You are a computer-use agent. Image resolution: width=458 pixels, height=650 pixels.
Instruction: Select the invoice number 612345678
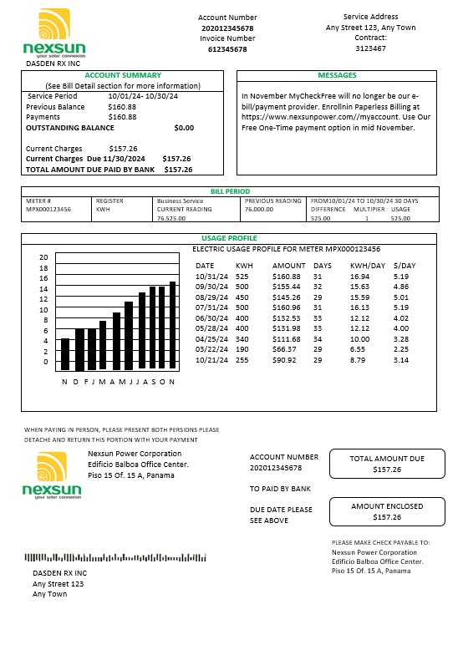(226, 49)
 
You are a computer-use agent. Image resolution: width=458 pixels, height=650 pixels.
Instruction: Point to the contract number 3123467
(370, 48)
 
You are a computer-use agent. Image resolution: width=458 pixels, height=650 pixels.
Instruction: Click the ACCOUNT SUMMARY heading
(122, 75)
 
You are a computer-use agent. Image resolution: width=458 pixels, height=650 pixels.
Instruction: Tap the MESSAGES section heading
(338, 75)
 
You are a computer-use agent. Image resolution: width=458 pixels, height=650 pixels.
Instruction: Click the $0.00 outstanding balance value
(183, 128)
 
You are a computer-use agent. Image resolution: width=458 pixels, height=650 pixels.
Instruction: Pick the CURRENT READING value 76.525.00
(171, 218)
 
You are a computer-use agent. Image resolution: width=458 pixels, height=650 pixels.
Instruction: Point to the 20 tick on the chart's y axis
(44, 257)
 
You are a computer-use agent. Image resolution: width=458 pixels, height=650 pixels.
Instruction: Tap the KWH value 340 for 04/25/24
(242, 340)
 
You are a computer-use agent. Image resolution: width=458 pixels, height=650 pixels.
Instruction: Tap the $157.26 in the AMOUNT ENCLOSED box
(386, 517)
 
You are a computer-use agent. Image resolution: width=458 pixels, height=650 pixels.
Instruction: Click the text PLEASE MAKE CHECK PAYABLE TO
(380, 542)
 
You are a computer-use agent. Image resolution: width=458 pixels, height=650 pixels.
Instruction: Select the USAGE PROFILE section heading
(229, 239)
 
